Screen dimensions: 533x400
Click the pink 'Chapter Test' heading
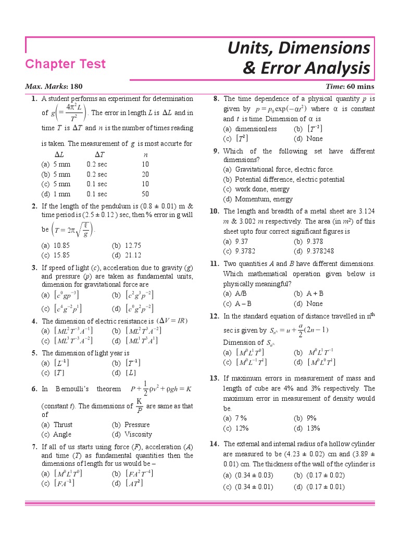click(x=66, y=64)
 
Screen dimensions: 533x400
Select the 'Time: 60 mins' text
click(x=349, y=86)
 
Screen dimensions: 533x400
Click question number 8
click(x=216, y=98)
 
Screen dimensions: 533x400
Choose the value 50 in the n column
click(x=145, y=194)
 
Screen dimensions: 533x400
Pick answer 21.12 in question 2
click(x=133, y=255)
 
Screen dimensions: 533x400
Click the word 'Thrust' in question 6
click(x=63, y=425)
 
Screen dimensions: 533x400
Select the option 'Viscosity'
click(x=139, y=435)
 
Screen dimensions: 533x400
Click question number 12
click(x=214, y=316)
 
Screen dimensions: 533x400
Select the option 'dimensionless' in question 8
click(x=256, y=129)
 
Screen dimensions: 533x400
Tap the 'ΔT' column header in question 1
click(x=100, y=155)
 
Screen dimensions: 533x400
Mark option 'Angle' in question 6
click(x=63, y=435)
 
